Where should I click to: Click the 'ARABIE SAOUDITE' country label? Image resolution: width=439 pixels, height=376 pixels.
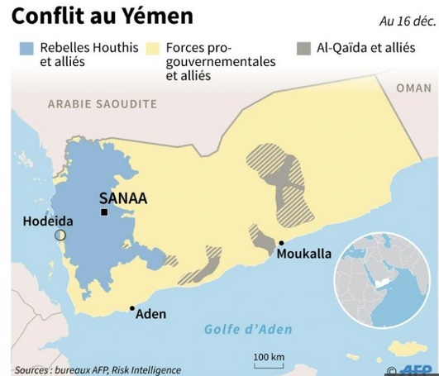[102, 104]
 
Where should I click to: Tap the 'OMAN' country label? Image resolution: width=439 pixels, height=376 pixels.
[413, 88]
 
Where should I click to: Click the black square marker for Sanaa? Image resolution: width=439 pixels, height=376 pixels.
[105, 213]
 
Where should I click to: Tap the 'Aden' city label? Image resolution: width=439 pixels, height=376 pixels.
[150, 314]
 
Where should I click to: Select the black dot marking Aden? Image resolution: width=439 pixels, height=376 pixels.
[132, 309]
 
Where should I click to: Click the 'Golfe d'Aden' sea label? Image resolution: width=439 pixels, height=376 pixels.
[248, 329]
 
